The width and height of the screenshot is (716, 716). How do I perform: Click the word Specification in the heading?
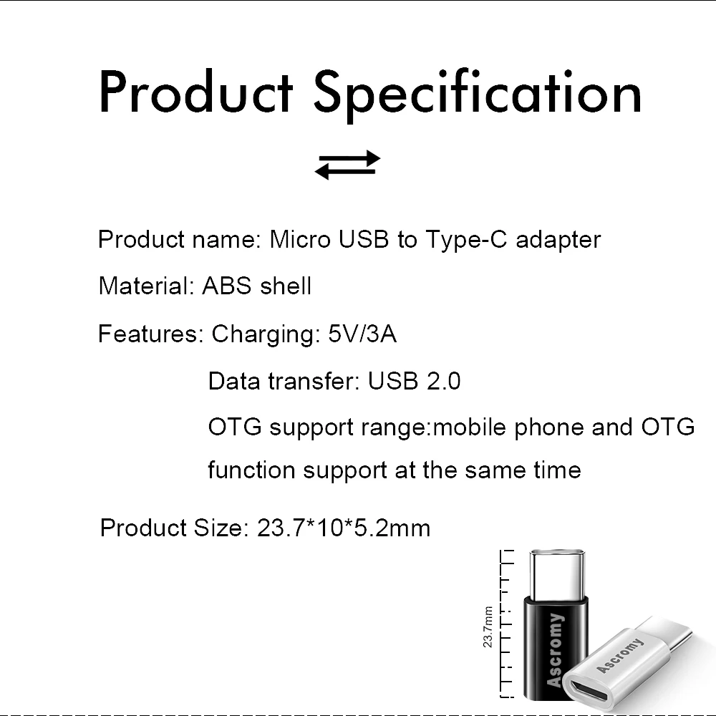tap(478, 93)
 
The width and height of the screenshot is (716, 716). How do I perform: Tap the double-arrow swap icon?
tap(347, 165)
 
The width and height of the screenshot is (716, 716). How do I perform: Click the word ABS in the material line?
tap(228, 286)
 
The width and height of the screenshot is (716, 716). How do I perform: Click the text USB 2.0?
tap(414, 381)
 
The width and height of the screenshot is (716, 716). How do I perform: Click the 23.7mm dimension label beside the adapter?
tap(488, 626)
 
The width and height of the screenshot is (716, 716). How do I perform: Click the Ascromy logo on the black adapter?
tap(555, 649)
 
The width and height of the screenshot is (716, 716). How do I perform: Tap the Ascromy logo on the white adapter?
tap(620, 655)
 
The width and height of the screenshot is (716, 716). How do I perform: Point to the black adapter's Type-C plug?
tap(558, 573)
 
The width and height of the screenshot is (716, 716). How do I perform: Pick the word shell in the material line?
tap(286, 286)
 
